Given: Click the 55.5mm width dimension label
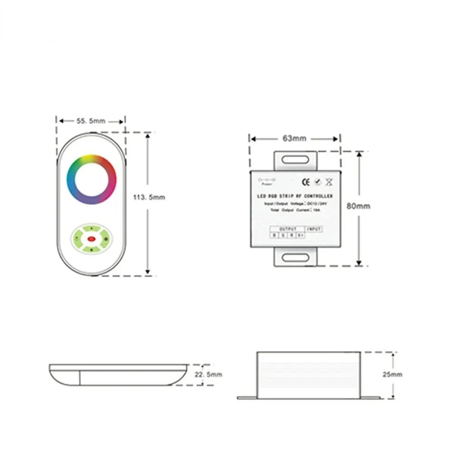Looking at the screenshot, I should (x=91, y=121).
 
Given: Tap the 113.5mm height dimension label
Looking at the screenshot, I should (x=149, y=197).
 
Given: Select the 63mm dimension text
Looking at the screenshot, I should (x=294, y=138).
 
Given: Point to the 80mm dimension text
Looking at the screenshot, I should (x=359, y=206).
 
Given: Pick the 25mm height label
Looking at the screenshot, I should (x=393, y=375).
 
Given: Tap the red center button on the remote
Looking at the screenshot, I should (x=91, y=238).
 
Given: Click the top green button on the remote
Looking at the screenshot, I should (x=91, y=228).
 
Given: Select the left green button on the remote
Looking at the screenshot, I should (x=78, y=238).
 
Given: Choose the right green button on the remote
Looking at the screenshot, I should (x=105, y=238).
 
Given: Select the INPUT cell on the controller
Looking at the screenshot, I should (x=314, y=229).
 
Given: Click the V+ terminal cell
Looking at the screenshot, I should (x=300, y=235).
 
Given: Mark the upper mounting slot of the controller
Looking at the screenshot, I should (x=295, y=159).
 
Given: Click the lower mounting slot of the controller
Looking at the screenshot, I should (x=295, y=258).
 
